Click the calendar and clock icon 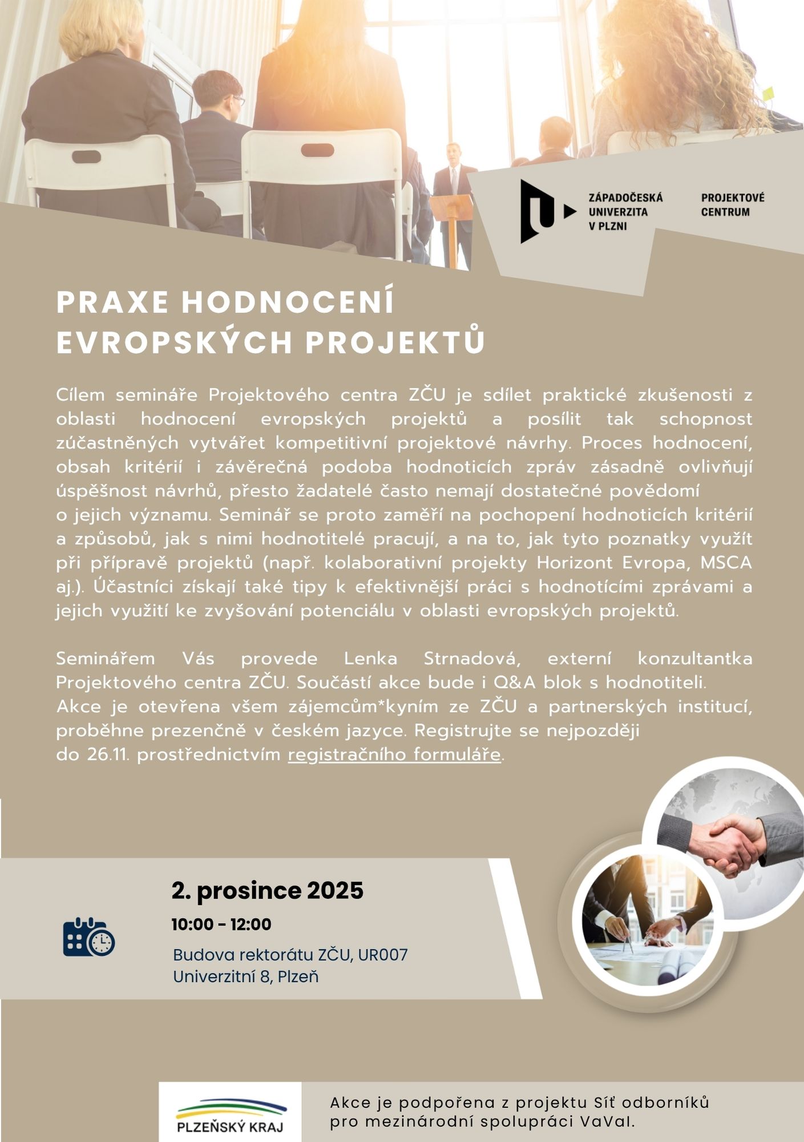click(x=88, y=937)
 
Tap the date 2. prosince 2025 click(x=267, y=891)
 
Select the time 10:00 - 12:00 click(x=221, y=924)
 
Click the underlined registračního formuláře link click(x=394, y=755)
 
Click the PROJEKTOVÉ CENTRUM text click(x=733, y=205)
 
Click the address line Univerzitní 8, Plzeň click(x=245, y=976)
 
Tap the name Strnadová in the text click(x=471, y=658)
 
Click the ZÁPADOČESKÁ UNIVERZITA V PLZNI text click(x=625, y=212)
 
